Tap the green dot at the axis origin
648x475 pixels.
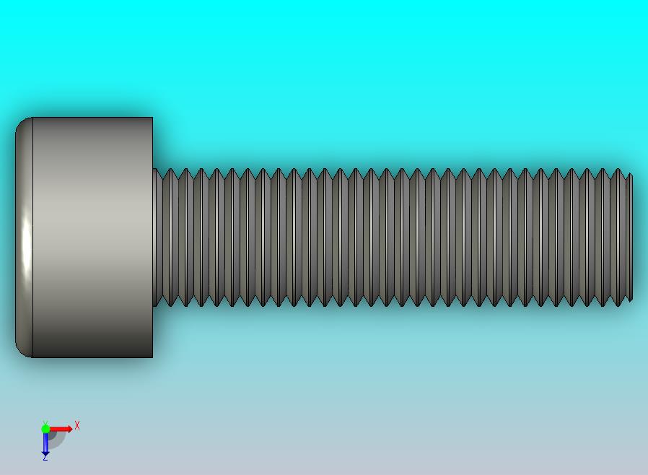45,429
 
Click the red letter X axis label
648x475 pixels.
77,425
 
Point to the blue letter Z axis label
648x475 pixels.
45,458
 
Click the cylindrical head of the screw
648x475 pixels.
84,237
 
